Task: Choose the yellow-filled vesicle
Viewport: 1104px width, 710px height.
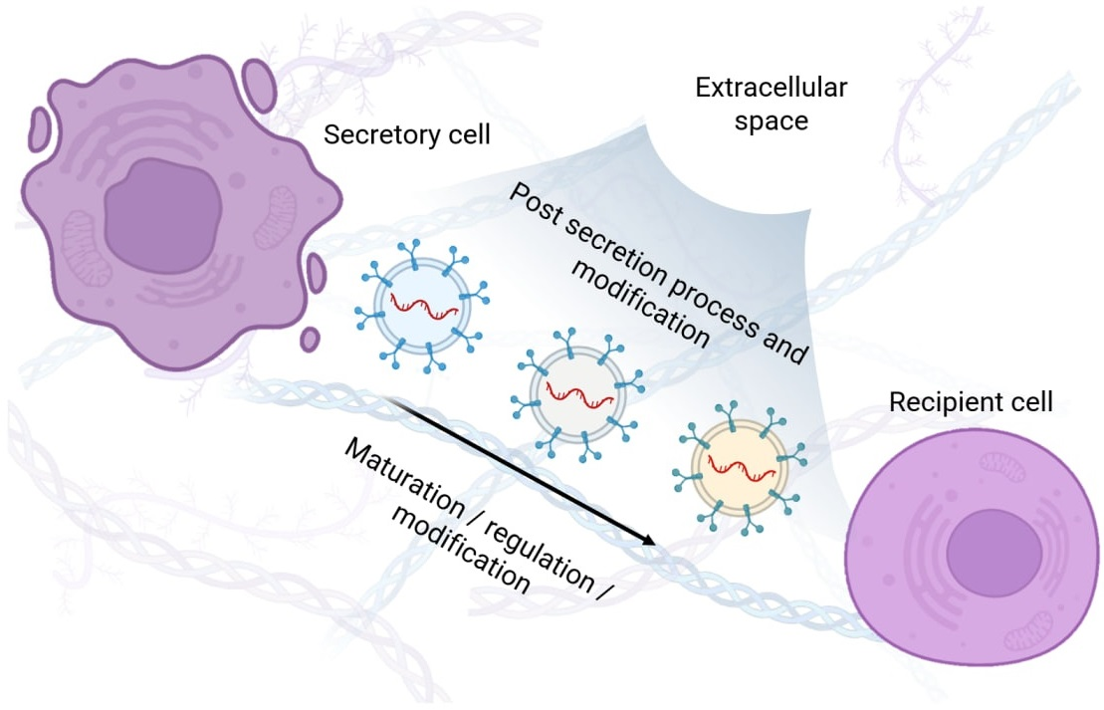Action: coord(739,464)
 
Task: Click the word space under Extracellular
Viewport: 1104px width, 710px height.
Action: coord(771,121)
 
